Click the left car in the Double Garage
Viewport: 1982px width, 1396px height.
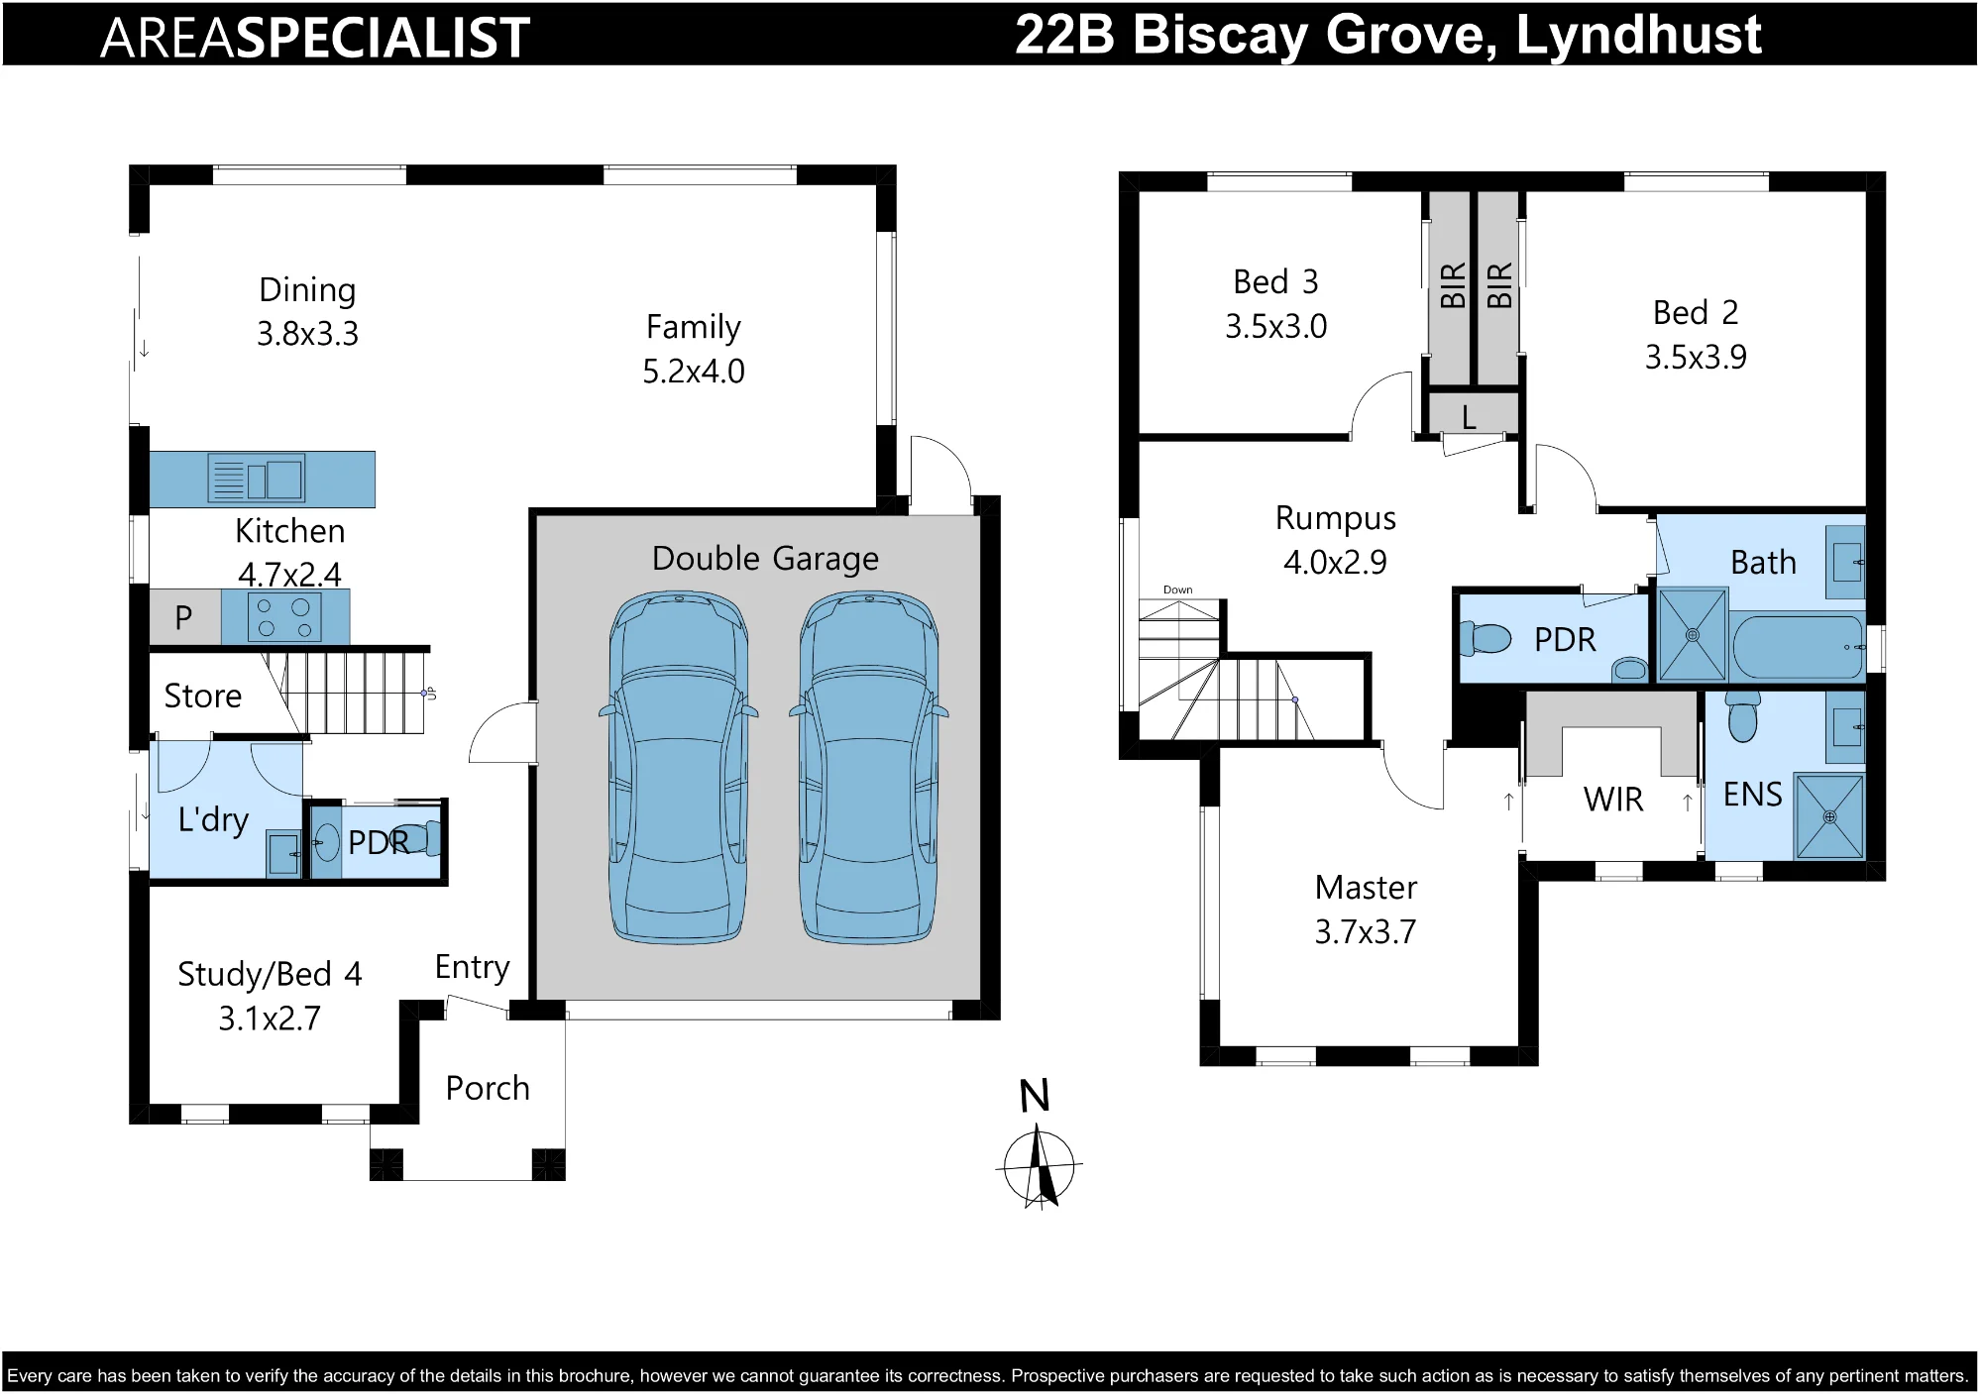679,768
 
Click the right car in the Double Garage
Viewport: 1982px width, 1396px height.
869,768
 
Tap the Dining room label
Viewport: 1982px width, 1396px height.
307,290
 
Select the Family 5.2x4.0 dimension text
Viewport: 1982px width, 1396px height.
694,372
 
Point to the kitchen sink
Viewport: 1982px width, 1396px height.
257,480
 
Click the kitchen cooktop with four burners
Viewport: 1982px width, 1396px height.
285,616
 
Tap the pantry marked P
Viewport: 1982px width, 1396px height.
184,617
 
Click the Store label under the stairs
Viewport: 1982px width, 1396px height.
202,696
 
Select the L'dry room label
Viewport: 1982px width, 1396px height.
213,819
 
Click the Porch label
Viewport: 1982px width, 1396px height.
488,1088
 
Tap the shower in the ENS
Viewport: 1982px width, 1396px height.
1829,816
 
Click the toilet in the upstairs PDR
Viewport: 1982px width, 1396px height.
1486,638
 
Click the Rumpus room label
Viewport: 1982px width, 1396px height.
1336,518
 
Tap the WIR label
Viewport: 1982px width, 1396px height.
1613,800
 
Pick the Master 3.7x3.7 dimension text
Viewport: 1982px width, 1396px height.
1366,932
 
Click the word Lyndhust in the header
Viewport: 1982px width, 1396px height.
1639,35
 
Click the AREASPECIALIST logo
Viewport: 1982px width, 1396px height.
315,38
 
